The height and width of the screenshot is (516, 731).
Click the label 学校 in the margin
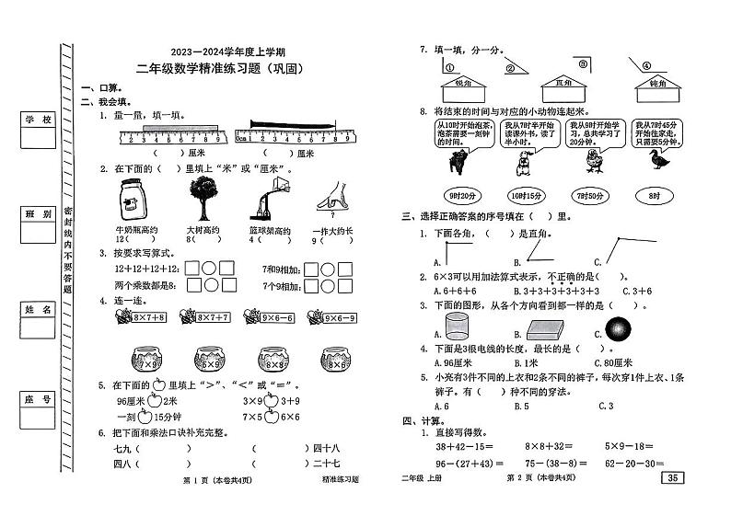pyautogui.click(x=38, y=120)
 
